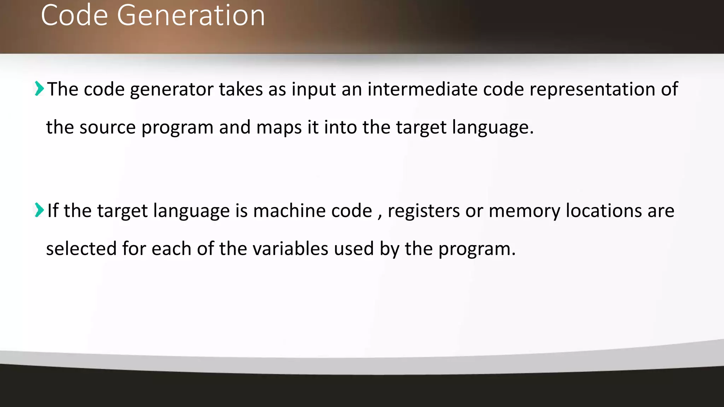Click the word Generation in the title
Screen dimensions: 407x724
pos(191,16)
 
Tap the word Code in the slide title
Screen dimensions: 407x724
pos(74,16)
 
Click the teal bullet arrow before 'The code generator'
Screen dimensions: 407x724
pos(39,88)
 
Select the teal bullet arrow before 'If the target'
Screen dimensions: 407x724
pos(39,210)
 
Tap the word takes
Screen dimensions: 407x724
pos(241,89)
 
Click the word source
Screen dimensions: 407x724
pos(107,128)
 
